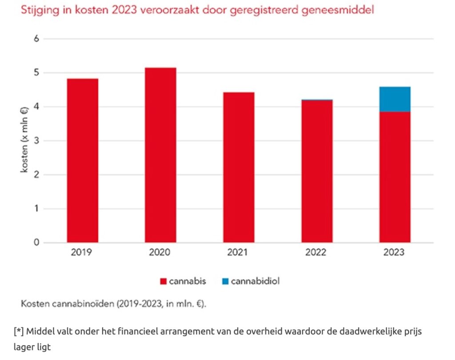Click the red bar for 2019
(82, 160)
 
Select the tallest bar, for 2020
(160, 155)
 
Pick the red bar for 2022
(317, 172)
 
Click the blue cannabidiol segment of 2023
(395, 99)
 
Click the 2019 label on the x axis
(82, 252)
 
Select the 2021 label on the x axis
(239, 252)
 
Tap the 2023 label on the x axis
(395, 252)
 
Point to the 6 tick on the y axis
(37, 39)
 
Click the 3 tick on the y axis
(37, 141)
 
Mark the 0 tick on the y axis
(37, 243)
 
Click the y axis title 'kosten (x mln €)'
(24, 141)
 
